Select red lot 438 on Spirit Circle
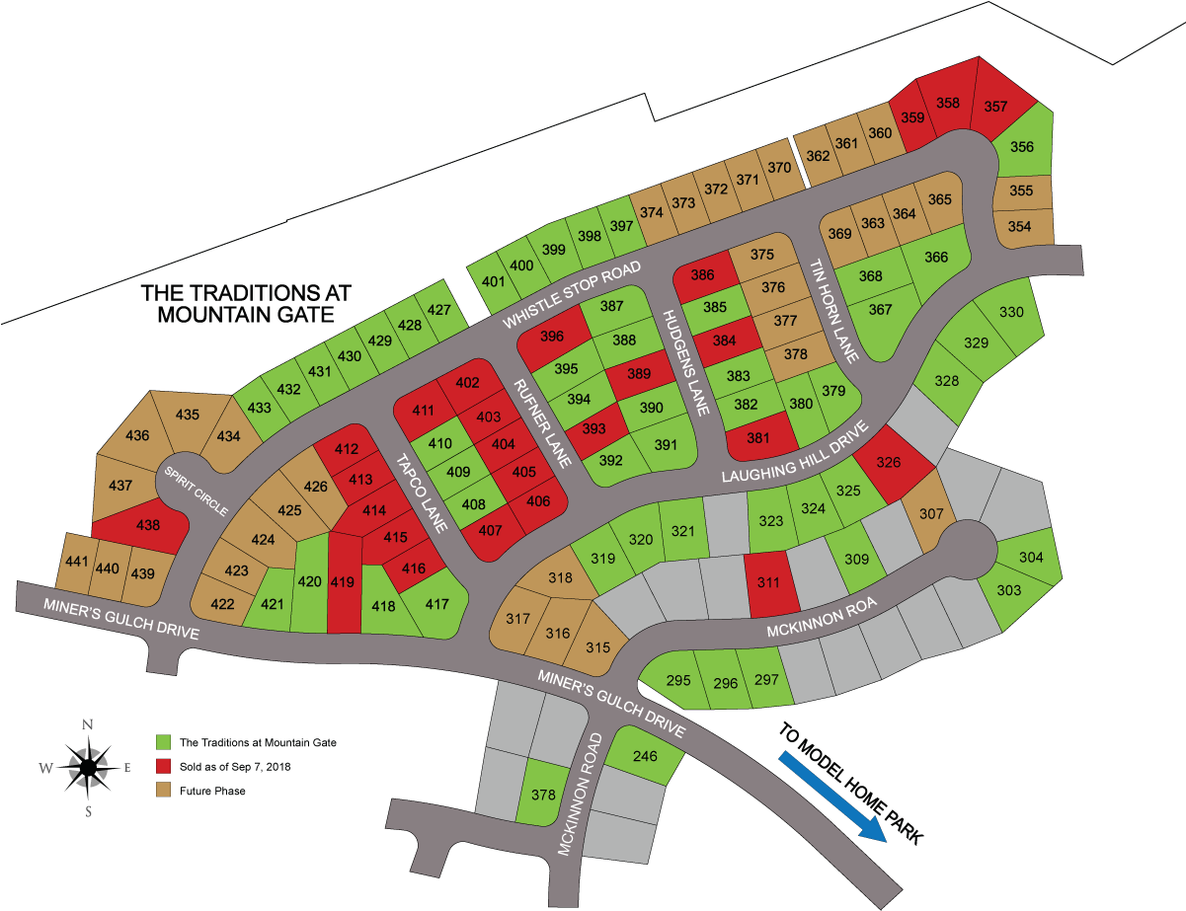[148, 527]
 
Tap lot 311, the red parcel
[769, 583]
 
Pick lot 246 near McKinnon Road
[645, 757]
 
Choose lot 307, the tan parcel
[931, 513]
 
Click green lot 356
[1022, 148]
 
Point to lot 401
[492, 280]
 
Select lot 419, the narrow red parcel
[343, 582]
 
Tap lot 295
[678, 681]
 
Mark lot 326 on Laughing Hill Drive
[890, 462]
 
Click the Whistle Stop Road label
[572, 295]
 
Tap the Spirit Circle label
[196, 491]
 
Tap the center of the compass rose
[88, 766]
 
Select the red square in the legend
[164, 766]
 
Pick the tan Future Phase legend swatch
[164, 791]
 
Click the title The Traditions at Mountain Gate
[247, 304]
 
